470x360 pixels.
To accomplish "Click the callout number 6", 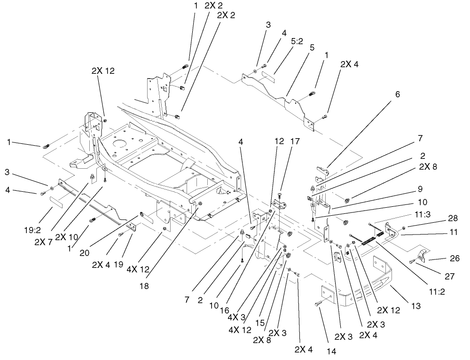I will (397, 94).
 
